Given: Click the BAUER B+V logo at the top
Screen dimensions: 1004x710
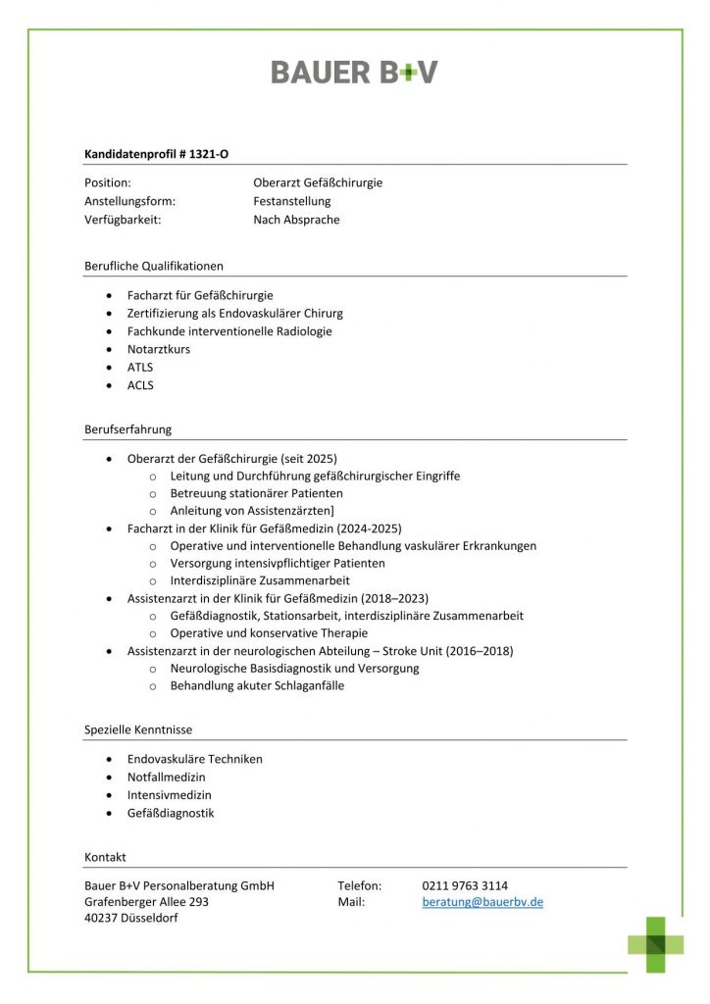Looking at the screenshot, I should click(x=354, y=73).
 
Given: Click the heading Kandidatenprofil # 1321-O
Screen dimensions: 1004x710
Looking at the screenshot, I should click(x=157, y=154).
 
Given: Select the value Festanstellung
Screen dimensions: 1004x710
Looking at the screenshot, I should click(x=292, y=201).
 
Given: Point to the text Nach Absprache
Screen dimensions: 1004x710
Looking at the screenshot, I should click(x=296, y=220).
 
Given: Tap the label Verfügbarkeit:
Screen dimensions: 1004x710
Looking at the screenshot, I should click(x=123, y=220).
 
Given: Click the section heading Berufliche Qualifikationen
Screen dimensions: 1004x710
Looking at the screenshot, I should click(x=154, y=266).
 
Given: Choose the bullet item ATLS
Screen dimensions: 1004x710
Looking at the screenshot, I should click(x=140, y=368).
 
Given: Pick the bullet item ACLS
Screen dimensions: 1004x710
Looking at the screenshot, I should click(x=140, y=385).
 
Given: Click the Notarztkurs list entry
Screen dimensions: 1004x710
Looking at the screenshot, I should click(x=159, y=349).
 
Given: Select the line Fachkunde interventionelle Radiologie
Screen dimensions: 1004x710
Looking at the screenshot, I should click(x=229, y=331).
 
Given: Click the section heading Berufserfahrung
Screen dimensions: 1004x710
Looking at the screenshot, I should click(x=128, y=429).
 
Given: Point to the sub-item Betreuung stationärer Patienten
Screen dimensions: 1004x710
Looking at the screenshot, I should click(x=256, y=494).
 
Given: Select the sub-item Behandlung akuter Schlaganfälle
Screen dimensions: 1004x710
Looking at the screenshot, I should click(x=257, y=686).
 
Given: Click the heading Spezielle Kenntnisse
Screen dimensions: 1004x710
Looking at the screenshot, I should click(x=138, y=730).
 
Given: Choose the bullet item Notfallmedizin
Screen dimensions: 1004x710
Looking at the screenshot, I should click(x=167, y=777).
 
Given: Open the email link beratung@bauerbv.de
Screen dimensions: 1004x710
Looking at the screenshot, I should click(x=482, y=901).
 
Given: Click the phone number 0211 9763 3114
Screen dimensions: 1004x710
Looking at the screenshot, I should click(x=465, y=885).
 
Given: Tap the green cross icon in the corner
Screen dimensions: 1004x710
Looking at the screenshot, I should click(x=656, y=944).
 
